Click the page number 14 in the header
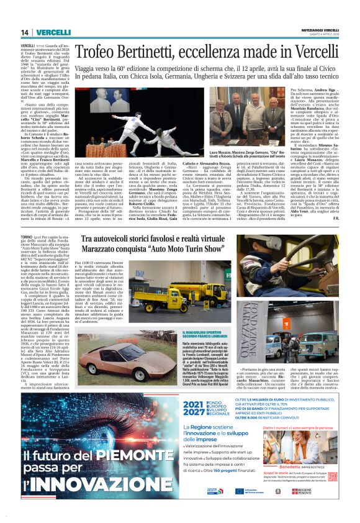tap(25, 32)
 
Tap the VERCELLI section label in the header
tap(53, 32)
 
